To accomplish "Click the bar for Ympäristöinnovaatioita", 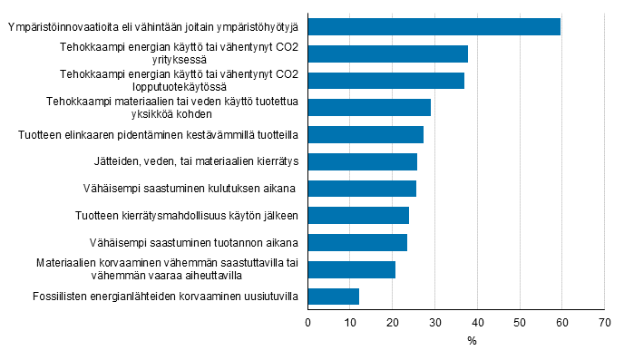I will (434, 26).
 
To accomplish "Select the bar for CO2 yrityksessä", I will (388, 54).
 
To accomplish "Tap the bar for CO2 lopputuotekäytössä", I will (386, 81).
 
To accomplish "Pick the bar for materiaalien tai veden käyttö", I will (369, 108).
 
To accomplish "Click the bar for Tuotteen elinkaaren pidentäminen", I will (366, 135).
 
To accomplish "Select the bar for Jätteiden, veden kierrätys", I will (363, 161).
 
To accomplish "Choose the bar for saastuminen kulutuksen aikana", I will (362, 189).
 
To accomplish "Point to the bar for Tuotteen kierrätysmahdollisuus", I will (358, 216).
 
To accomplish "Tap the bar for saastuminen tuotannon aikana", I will (357, 242).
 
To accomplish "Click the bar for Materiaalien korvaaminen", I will (352, 269).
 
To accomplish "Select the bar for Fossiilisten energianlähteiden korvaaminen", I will (334, 297).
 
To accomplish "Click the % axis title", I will (472, 341).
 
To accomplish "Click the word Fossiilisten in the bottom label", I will (61, 297).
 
